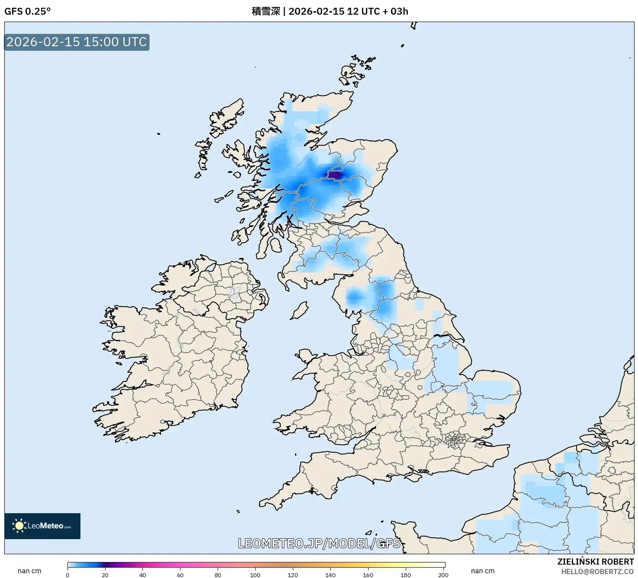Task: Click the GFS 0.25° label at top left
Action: point(27,11)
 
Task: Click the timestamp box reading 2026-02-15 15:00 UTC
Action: point(77,42)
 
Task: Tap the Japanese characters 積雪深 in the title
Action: point(266,11)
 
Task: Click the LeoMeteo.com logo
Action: point(42,526)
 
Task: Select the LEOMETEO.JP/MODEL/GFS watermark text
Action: point(319,543)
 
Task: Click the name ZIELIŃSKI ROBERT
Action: point(595,562)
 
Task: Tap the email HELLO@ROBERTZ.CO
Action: point(597,572)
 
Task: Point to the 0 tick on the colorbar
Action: point(67,575)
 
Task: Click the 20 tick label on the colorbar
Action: point(105,575)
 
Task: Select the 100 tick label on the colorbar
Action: point(255,575)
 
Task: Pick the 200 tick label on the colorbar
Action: point(443,575)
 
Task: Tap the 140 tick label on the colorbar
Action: point(330,575)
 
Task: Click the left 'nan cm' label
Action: point(29,571)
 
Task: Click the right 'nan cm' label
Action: point(482,571)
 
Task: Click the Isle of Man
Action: point(299,310)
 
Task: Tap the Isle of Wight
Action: point(415,476)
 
